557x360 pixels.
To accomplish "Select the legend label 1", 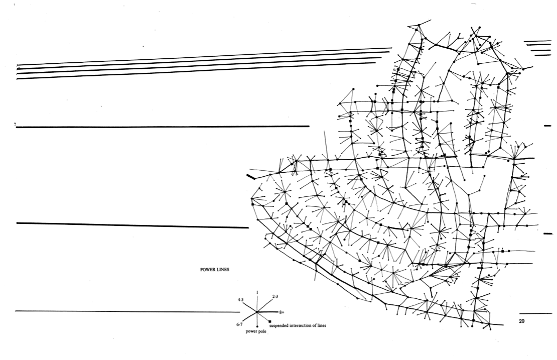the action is (257, 293).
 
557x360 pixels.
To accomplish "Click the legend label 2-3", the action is (275, 296).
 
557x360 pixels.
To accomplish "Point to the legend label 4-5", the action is (241, 300).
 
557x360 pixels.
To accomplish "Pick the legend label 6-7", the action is (239, 324).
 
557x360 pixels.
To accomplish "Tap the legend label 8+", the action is (282, 312).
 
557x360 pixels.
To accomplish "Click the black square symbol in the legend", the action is (270, 321).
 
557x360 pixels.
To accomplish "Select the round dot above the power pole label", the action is (257, 326).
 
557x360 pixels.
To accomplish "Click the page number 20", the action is (521, 321).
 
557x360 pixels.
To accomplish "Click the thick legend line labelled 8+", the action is (267, 312).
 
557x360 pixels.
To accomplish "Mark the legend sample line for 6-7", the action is (250, 317).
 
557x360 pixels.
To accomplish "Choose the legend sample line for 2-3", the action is (264, 305).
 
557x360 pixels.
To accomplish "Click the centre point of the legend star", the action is (257, 312).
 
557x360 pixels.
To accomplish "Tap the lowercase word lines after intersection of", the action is (322, 325).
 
